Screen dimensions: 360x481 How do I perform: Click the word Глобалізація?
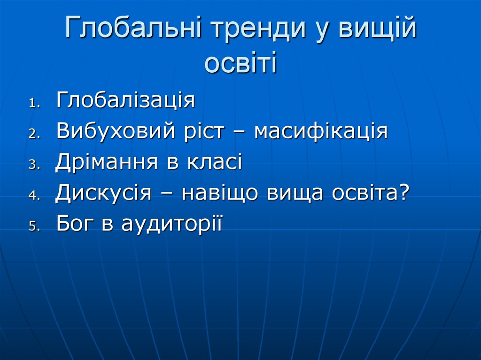125,100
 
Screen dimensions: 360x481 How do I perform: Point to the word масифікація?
321,131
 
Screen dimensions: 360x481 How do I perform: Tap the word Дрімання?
107,162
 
